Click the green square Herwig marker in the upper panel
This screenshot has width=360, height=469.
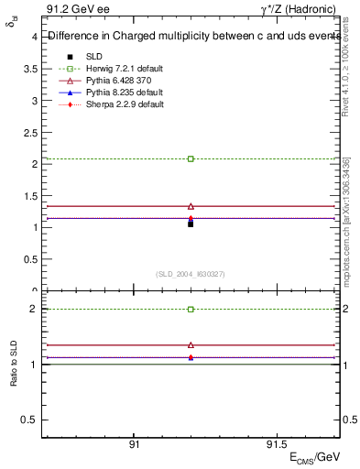coord(191,158)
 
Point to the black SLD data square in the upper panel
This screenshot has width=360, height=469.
coord(191,224)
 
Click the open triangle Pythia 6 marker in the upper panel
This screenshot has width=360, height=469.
coord(191,206)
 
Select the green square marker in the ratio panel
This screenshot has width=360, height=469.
coord(191,310)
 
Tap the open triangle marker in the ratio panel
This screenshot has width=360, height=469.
coord(191,344)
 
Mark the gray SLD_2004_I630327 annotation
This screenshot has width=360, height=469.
coord(191,274)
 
